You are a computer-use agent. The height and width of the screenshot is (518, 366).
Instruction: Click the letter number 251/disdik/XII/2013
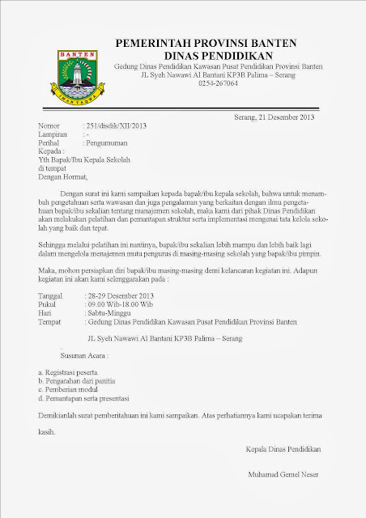point(117,125)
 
